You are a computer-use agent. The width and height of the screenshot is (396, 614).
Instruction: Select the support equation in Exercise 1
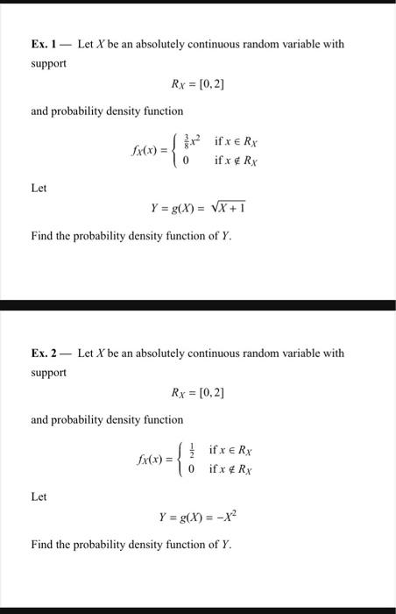point(197,84)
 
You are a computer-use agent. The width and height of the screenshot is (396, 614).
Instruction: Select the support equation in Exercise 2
point(197,393)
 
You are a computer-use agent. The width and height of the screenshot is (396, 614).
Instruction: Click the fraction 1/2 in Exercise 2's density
point(193,450)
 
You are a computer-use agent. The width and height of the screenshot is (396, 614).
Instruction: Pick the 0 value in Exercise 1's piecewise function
point(187,161)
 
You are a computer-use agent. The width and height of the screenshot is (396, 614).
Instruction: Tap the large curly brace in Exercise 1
point(178,151)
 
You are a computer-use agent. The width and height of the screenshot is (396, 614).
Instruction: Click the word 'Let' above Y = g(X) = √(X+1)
point(39,188)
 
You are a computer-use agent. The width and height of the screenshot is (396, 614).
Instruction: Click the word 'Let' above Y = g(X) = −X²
point(39,496)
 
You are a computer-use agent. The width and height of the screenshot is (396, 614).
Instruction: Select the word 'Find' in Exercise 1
point(42,236)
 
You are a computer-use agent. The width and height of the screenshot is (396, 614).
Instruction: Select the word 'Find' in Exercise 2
point(42,545)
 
